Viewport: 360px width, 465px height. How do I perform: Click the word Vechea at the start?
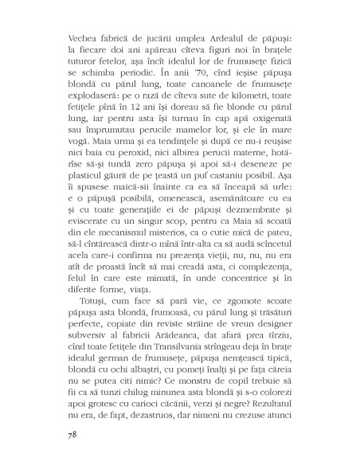(x=65, y=41)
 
